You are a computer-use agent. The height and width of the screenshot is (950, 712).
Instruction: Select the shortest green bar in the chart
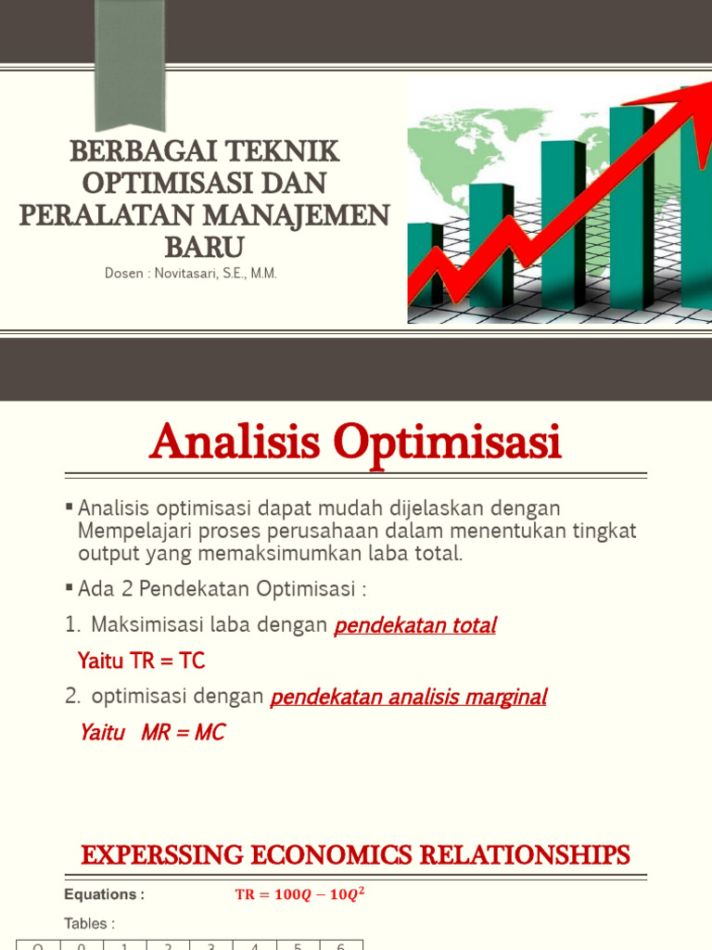tap(425, 263)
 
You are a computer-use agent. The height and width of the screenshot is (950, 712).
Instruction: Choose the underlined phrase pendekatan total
tap(414, 625)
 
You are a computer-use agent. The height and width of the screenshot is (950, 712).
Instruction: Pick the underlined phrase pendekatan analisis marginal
tap(408, 697)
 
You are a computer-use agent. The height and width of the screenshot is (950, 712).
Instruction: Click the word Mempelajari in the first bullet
tap(130, 532)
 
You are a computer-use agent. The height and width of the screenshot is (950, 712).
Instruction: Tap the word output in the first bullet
tap(106, 554)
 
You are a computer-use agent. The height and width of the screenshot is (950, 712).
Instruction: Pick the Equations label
tap(104, 894)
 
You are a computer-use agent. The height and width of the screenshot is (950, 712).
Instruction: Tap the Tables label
tap(90, 924)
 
